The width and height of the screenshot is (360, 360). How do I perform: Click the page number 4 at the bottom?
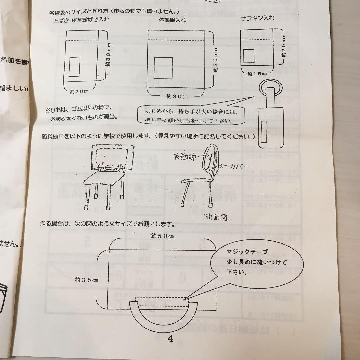170,339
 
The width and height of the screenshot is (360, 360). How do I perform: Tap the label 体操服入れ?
172,20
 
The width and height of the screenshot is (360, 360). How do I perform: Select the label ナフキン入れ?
258,18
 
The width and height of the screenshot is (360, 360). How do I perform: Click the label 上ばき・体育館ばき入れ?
81,19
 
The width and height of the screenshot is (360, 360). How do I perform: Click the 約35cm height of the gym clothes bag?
216,59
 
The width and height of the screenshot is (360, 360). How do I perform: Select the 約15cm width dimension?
257,73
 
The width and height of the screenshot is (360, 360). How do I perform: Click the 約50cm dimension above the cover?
162,236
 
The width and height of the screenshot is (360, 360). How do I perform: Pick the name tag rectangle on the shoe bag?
74,66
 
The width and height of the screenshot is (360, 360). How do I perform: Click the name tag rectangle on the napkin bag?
249,56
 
